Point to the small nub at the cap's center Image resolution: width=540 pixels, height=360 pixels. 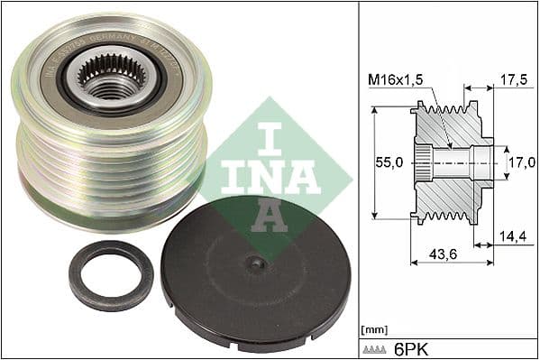tap(257, 263)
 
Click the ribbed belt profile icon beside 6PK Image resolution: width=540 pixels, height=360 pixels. tap(374, 346)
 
